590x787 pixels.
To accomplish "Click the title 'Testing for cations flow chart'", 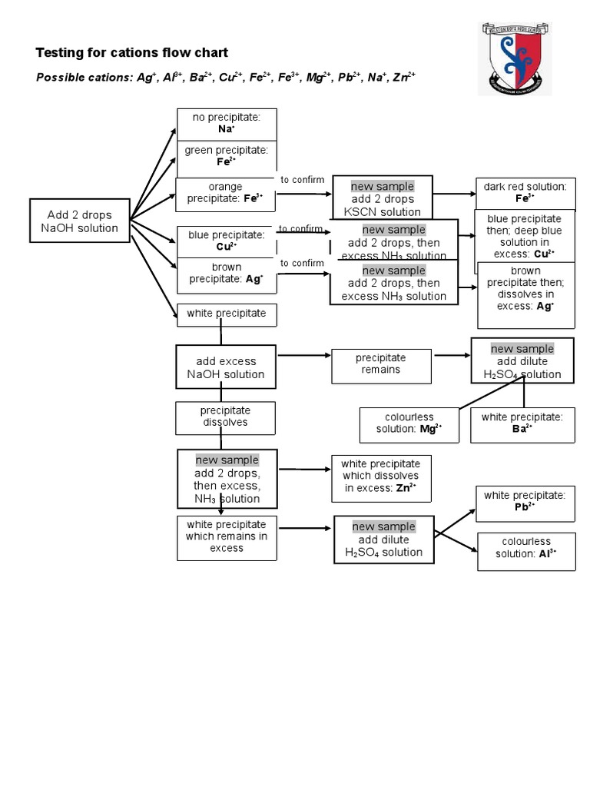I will tap(131, 53).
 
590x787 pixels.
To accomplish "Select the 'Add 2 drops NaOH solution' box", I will tap(80, 221).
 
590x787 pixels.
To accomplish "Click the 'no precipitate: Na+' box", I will tap(227, 124).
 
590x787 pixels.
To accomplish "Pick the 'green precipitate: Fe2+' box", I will tap(227, 157).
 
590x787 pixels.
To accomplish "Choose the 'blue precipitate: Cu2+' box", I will tap(227, 241).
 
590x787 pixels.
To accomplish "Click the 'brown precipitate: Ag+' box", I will tap(227, 274).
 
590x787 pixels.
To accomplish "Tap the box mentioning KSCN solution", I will tap(382, 198).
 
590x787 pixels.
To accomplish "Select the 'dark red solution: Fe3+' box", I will tap(525, 192).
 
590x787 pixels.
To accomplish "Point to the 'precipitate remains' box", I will tap(380, 364).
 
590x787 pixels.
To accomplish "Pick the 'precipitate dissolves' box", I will tap(225, 417).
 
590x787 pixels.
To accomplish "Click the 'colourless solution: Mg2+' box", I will tap(409, 424).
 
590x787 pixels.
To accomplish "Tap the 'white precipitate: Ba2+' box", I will tap(522, 423).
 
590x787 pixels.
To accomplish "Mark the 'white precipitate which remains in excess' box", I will tap(226, 536).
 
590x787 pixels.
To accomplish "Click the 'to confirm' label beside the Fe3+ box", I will tap(302, 180).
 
